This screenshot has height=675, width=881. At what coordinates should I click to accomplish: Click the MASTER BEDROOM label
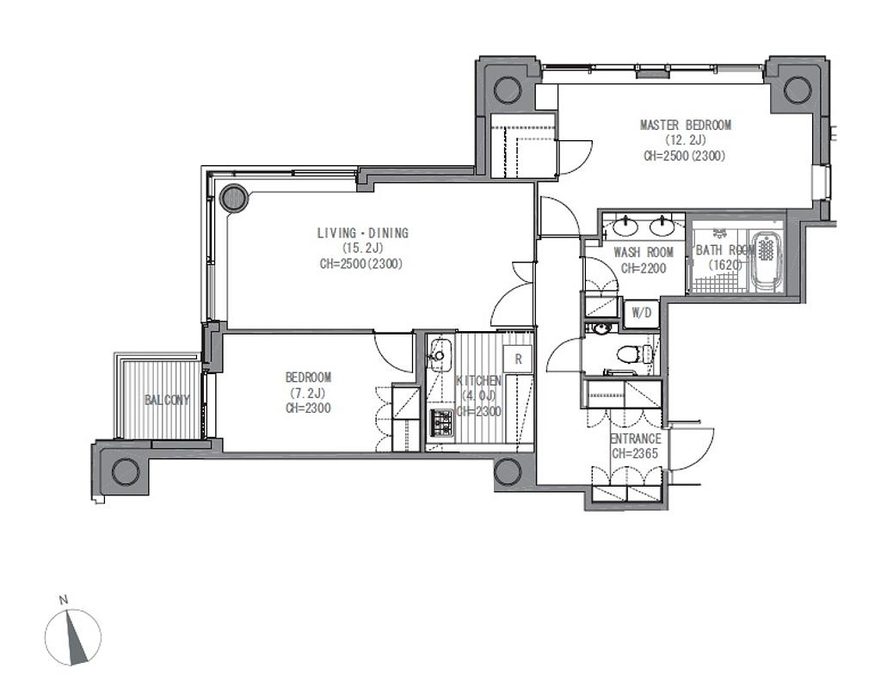pos(686,125)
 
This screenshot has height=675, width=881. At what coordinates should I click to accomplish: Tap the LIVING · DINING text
pos(363,232)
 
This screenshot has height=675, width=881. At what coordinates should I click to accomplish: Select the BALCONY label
pos(167,400)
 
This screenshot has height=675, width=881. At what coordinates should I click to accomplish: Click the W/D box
pos(641,313)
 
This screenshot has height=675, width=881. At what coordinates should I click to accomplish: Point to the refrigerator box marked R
pos(518,359)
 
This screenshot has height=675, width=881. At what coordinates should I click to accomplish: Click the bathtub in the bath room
pos(766,261)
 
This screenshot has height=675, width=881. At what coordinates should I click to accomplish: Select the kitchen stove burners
pos(441,421)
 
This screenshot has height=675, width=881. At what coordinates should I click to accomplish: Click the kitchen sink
pos(439,355)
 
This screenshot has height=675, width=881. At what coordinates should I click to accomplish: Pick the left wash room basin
pos(625,227)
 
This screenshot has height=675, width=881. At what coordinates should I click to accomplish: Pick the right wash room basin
pos(663,227)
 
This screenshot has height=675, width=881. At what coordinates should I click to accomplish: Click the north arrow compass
pos(74,637)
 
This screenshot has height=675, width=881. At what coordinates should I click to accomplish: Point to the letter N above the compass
pos(64,599)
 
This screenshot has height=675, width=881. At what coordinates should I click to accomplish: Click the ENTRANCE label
pos(636,439)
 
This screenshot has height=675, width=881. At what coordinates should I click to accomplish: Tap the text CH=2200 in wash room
pos(644,268)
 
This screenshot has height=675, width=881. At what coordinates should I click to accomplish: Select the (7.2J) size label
pos(308,393)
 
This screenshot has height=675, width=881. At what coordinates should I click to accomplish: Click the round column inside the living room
pos(233,198)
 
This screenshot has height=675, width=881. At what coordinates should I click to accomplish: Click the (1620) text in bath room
pos(724,265)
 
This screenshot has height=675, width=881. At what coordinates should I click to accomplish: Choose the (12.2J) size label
pos(686,140)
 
